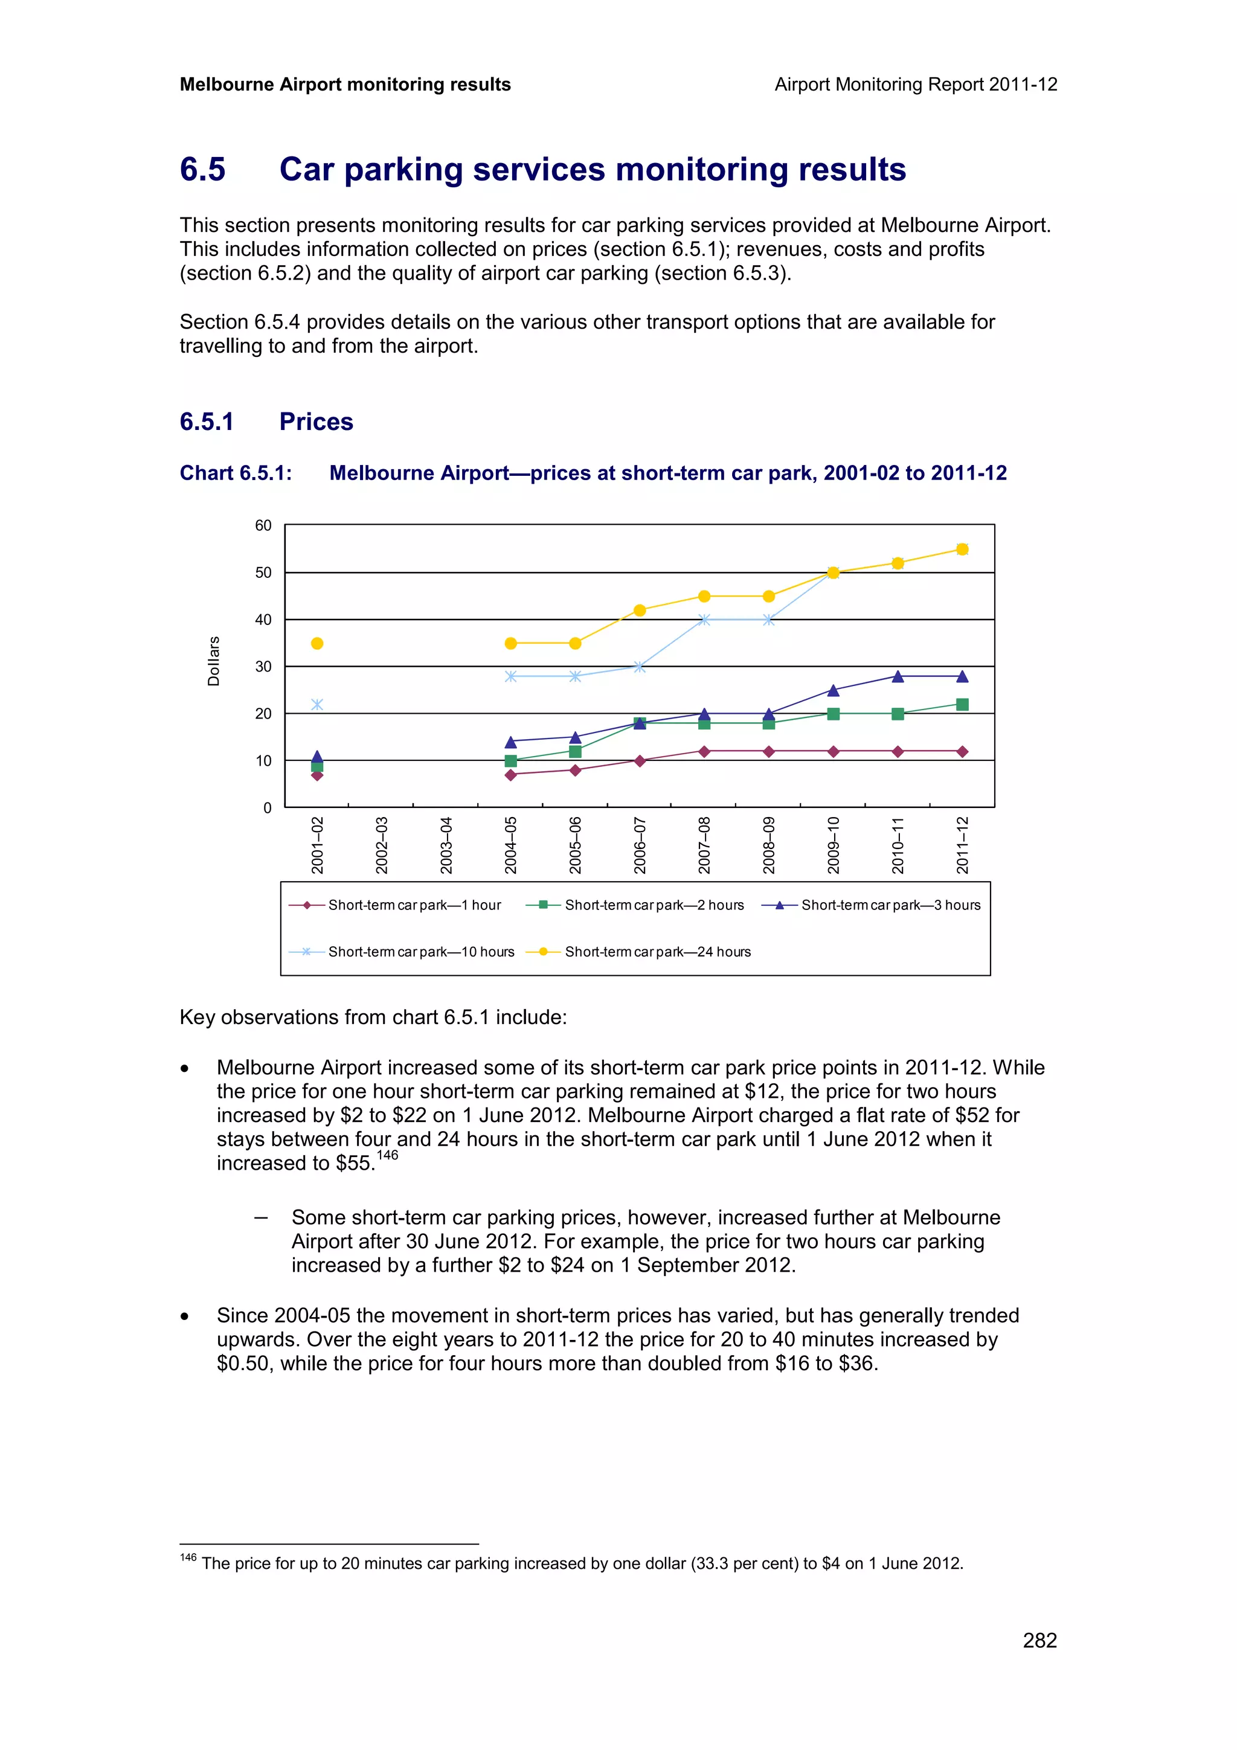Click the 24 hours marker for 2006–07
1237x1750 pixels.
(640, 610)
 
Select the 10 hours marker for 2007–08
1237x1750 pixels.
(704, 620)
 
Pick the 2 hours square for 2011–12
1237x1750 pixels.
(962, 704)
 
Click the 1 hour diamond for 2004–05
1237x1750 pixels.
(510, 775)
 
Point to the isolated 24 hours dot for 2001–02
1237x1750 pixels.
(317, 643)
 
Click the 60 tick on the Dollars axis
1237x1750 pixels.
(263, 525)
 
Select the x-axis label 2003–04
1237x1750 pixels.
(446, 845)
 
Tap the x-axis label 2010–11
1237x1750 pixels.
(898, 845)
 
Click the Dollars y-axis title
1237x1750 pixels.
(213, 661)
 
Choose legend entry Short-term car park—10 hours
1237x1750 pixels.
(421, 951)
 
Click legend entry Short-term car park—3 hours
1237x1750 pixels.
(890, 905)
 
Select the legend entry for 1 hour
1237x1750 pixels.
(414, 905)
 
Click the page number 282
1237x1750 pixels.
(1039, 1640)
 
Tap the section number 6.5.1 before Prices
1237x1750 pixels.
(207, 421)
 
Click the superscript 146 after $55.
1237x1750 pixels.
(387, 1155)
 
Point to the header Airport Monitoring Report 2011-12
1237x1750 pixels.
(915, 85)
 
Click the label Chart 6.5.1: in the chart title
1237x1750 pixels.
(236, 473)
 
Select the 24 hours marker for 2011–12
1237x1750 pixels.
(962, 549)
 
